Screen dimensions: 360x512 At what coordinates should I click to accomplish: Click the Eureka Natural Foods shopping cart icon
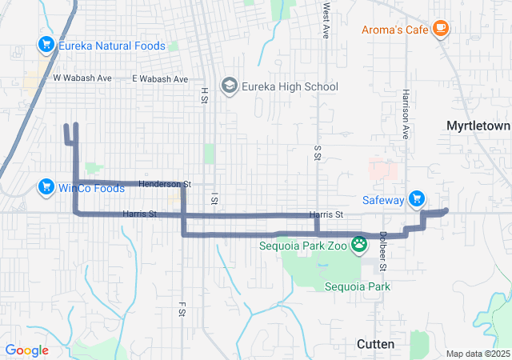(46, 46)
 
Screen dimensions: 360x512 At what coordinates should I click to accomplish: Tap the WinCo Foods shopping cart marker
(46, 188)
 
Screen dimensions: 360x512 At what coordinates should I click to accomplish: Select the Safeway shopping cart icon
(416, 200)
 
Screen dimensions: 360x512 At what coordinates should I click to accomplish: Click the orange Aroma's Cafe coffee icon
(440, 30)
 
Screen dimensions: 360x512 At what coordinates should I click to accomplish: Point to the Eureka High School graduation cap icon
(230, 86)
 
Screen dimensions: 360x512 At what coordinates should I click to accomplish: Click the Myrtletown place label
(478, 126)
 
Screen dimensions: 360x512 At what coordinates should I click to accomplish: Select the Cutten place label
(374, 344)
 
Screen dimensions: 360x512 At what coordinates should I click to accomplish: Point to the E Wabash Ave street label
(160, 79)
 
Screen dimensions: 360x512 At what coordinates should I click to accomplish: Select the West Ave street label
(326, 21)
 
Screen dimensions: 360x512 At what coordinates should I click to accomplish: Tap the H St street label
(205, 96)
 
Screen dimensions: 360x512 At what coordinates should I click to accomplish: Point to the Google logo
(26, 350)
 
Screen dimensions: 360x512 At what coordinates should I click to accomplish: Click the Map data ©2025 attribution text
(477, 354)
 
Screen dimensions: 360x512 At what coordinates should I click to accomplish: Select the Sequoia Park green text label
(357, 286)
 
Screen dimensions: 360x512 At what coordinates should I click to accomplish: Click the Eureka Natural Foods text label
(112, 46)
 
